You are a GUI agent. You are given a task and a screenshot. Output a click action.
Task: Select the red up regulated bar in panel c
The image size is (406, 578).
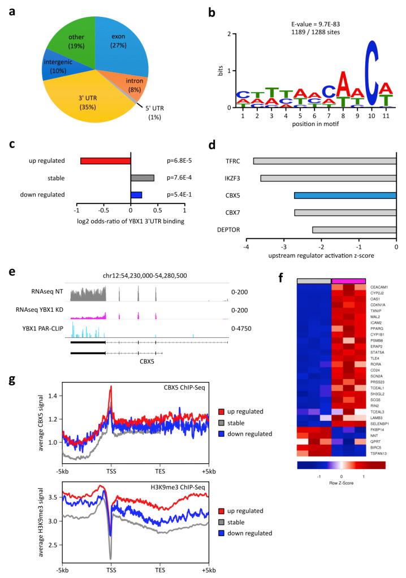(106, 161)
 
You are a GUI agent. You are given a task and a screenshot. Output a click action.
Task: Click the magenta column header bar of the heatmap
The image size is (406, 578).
(349, 281)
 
